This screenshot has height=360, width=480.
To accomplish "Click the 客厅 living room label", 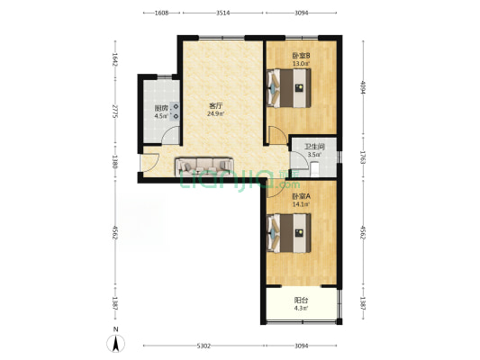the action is click(215, 106).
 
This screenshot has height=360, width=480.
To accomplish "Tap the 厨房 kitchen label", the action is click(161, 108).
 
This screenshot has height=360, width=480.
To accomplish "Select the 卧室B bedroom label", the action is click(301, 56).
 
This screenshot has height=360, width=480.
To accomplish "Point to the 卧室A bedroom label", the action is click(301, 196).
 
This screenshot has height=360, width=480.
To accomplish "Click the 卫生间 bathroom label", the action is click(314, 147).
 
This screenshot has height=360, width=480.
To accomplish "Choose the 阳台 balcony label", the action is click(301, 300).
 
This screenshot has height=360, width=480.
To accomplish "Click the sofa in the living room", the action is click(204, 166).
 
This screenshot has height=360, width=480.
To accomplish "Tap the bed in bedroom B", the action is click(289, 88).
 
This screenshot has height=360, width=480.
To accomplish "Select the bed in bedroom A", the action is click(289, 233).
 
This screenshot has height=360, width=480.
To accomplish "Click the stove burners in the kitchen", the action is click(176, 112).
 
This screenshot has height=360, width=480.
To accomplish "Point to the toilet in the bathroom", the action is click(314, 170).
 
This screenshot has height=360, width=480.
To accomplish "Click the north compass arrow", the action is click(115, 344).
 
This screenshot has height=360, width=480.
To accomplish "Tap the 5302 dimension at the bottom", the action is click(204, 346).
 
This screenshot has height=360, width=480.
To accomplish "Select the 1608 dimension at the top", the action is click(161, 13).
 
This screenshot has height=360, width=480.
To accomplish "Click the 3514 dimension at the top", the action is click(222, 13).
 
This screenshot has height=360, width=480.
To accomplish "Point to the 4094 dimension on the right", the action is click(363, 87).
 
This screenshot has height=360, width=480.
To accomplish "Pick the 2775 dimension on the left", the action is click(115, 112).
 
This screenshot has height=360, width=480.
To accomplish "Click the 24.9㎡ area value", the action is click(215, 114).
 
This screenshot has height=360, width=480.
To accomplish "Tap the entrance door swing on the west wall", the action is click(149, 162).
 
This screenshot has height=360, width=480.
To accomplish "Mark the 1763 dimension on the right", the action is click(363, 157).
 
